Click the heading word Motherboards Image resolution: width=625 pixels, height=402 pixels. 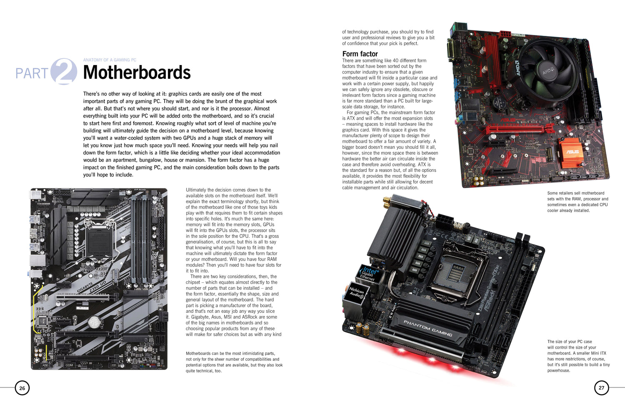pos(137,73)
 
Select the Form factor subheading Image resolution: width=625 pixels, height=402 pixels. pos(360,54)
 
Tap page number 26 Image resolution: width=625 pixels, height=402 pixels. pos(22,388)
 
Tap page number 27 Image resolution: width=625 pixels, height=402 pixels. pos(601,388)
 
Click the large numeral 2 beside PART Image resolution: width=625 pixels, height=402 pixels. pos(64,72)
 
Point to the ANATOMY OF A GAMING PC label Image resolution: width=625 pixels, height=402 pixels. pos(110,60)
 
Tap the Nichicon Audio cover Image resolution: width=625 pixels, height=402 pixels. pos(357,293)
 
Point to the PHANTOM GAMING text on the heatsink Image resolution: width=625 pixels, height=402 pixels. pos(427,328)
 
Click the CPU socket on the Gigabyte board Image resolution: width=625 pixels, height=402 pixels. pos(100,238)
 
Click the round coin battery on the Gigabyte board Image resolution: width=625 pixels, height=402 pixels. pos(95,321)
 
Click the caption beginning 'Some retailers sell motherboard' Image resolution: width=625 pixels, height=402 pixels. pos(577,202)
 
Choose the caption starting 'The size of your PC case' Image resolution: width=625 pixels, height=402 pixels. pos(578,356)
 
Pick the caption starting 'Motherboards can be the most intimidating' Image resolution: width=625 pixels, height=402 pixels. pos(234,362)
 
